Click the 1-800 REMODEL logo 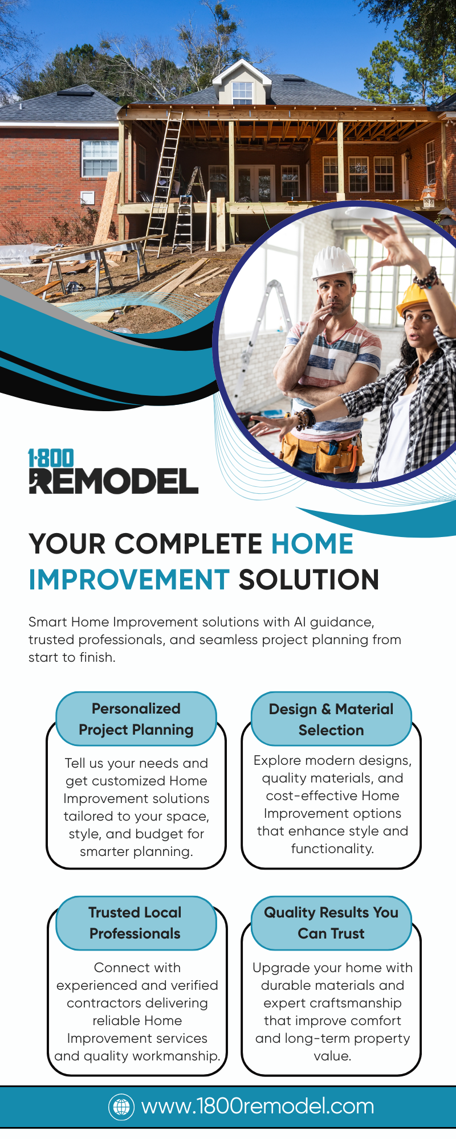113,471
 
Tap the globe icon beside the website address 121,1107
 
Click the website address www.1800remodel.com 258,1107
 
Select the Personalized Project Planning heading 136,719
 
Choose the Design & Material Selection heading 331,719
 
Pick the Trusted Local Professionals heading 135,923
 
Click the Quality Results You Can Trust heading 331,923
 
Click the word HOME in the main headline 312,544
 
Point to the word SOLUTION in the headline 309,580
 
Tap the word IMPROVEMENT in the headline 129,580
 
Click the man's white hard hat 333,261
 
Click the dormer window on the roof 242,93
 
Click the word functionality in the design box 332,849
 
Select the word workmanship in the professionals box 182,1056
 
